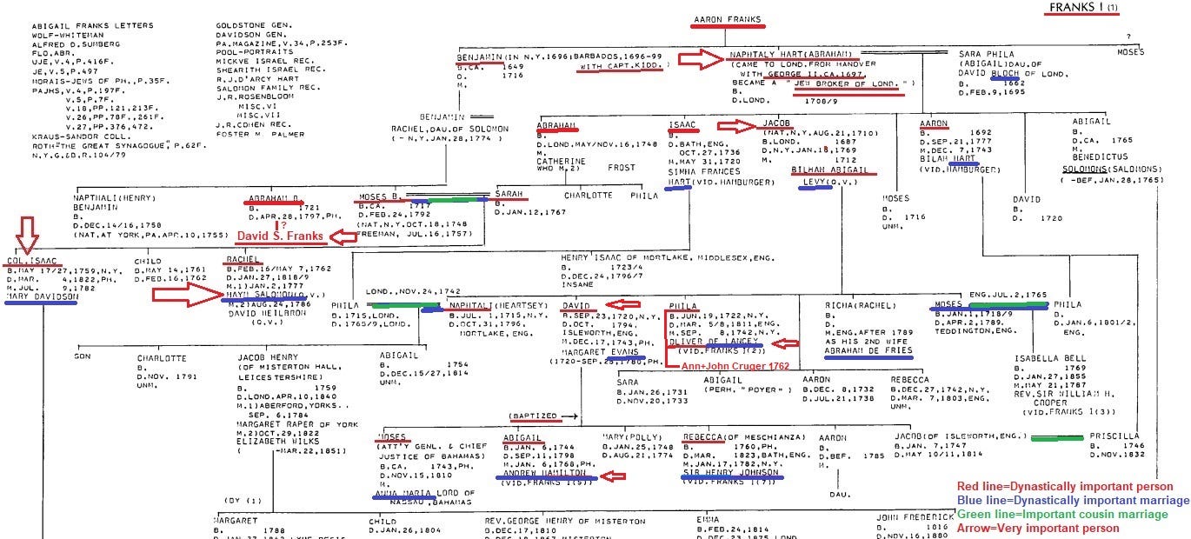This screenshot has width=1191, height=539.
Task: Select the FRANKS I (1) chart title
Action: [1083, 8]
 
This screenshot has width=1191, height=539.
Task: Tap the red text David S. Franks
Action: [282, 236]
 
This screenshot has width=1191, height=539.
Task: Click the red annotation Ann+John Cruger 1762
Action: [734, 366]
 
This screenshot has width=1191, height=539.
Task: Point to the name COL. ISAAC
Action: [34, 261]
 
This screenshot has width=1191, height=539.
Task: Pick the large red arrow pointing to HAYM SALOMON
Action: [184, 296]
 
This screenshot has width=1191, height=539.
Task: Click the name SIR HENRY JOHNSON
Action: [730, 470]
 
